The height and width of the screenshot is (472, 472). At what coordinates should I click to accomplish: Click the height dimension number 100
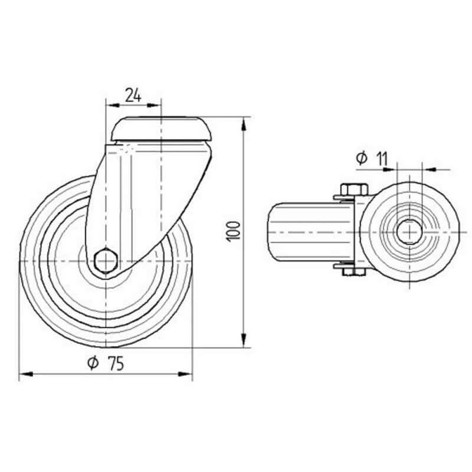pyautogui.click(x=234, y=231)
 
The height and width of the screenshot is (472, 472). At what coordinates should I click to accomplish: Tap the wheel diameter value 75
pyautogui.click(x=116, y=363)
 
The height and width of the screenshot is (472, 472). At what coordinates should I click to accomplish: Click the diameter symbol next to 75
pyautogui.click(x=93, y=363)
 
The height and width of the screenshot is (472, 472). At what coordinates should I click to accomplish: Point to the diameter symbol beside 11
pyautogui.click(x=362, y=158)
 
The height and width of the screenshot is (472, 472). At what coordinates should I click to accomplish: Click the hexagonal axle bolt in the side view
pyautogui.click(x=106, y=261)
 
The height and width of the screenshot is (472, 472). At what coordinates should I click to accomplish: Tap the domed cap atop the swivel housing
pyautogui.click(x=161, y=129)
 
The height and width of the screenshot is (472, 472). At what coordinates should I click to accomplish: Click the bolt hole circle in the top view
pyautogui.click(x=409, y=232)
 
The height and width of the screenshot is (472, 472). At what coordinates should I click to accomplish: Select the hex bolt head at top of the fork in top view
pyautogui.click(x=355, y=189)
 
